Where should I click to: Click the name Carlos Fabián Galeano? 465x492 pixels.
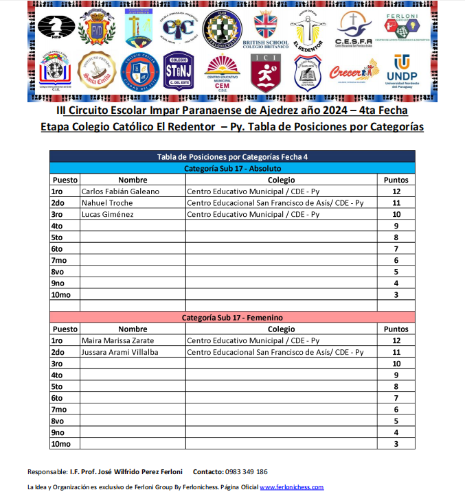[x=120, y=191]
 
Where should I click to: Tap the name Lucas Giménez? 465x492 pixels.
[x=107, y=214]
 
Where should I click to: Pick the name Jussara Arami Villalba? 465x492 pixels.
[x=120, y=352]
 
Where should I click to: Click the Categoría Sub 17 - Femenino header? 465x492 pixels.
[x=232, y=318]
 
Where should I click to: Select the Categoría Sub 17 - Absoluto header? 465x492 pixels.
[x=232, y=168]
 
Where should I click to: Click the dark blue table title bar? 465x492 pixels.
[x=232, y=156]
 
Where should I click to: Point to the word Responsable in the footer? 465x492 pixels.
[x=47, y=472]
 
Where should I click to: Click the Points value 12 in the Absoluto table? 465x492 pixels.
[x=396, y=191]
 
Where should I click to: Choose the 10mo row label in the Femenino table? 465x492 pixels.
[x=61, y=444]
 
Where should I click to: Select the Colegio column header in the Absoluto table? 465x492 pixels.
[x=282, y=180]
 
